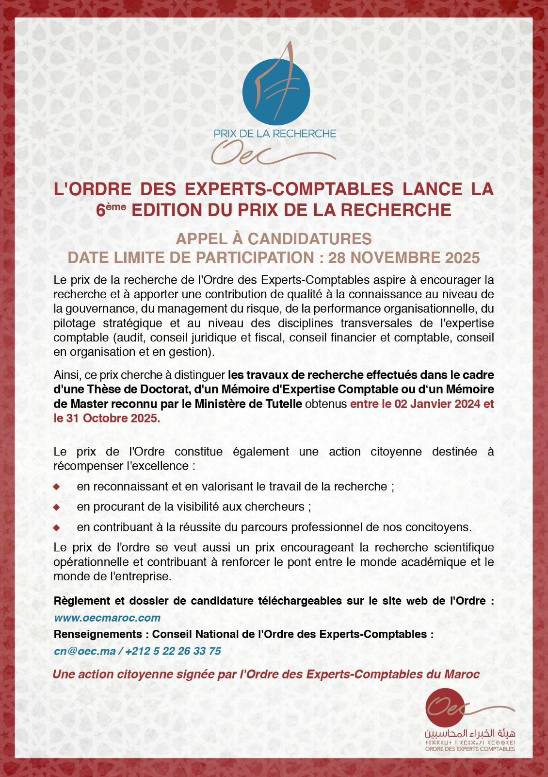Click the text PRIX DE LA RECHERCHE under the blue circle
274,133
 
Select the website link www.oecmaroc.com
107,618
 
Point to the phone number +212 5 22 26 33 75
173,651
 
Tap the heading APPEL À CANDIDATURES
274,239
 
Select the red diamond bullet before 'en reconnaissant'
56,486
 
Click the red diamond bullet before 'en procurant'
56,507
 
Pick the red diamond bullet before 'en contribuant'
56,527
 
